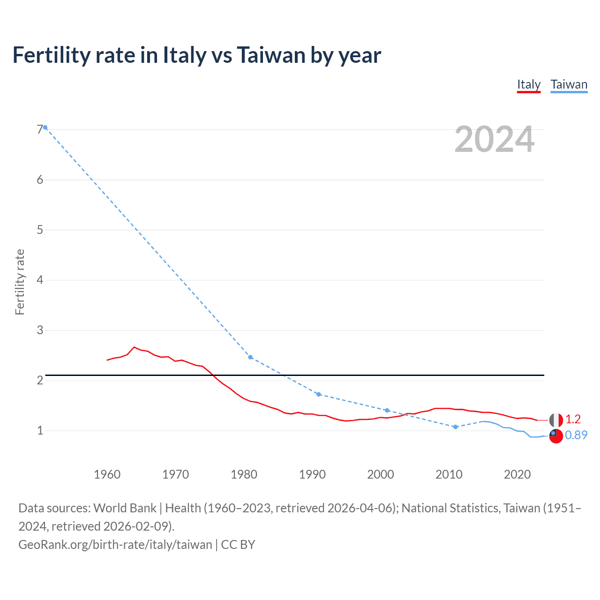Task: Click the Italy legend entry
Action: tap(529, 85)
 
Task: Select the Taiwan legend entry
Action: tap(569, 85)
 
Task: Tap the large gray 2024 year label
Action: tap(495, 139)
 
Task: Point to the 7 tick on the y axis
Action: tap(40, 129)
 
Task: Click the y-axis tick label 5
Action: tap(40, 230)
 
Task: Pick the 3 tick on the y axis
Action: tap(40, 330)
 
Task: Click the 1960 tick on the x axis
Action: tap(107, 474)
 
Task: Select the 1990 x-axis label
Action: tap(312, 474)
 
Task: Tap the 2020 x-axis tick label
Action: tap(517, 474)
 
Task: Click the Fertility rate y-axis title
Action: tap(20, 282)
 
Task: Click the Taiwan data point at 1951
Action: tap(45, 127)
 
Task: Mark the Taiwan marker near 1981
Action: tap(250, 357)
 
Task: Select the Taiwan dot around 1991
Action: tap(319, 394)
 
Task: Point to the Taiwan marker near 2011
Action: tap(455, 427)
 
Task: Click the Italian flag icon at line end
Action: tap(556, 420)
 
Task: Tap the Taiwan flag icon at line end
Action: tap(556, 436)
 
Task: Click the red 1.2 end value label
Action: tap(573, 420)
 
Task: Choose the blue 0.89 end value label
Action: tap(576, 435)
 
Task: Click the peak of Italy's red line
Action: tap(134, 347)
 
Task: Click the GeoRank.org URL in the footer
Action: tap(115, 545)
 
